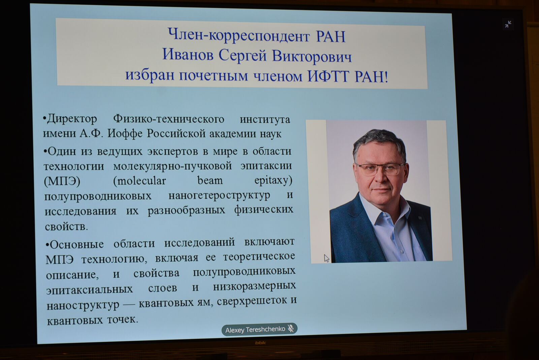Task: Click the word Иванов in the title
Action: pyautogui.click(x=188, y=54)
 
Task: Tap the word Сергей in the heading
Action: pyautogui.click(x=243, y=56)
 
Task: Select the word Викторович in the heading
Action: pyautogui.click(x=312, y=57)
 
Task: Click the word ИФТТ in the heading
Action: pyautogui.click(x=328, y=77)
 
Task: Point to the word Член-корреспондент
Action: pyautogui.click(x=239, y=36)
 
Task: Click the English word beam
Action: pyautogui.click(x=210, y=180)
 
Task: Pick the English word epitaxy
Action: pyautogui.click(x=273, y=181)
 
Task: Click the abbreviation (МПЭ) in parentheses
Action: pyautogui.click(x=62, y=181)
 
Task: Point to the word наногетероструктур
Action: pyautogui.click(x=219, y=195)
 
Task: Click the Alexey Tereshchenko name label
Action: pyautogui.click(x=255, y=329)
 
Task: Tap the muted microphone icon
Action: pyautogui.click(x=291, y=328)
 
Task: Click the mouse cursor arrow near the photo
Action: pyautogui.click(x=326, y=258)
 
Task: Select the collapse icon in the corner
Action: pyautogui.click(x=508, y=24)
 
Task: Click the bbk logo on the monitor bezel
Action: pyautogui.click(x=260, y=343)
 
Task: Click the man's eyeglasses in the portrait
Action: pyautogui.click(x=379, y=169)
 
